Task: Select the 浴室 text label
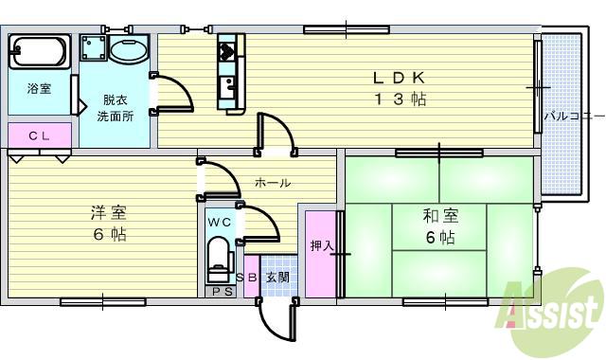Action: tap(39, 89)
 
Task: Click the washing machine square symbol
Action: tap(93, 49)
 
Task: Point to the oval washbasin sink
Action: tap(126, 50)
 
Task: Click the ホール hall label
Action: tap(273, 183)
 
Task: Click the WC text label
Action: tap(219, 222)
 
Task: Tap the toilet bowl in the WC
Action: tap(218, 257)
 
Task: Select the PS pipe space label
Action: tap(223, 291)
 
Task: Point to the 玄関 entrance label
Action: tap(277, 278)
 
